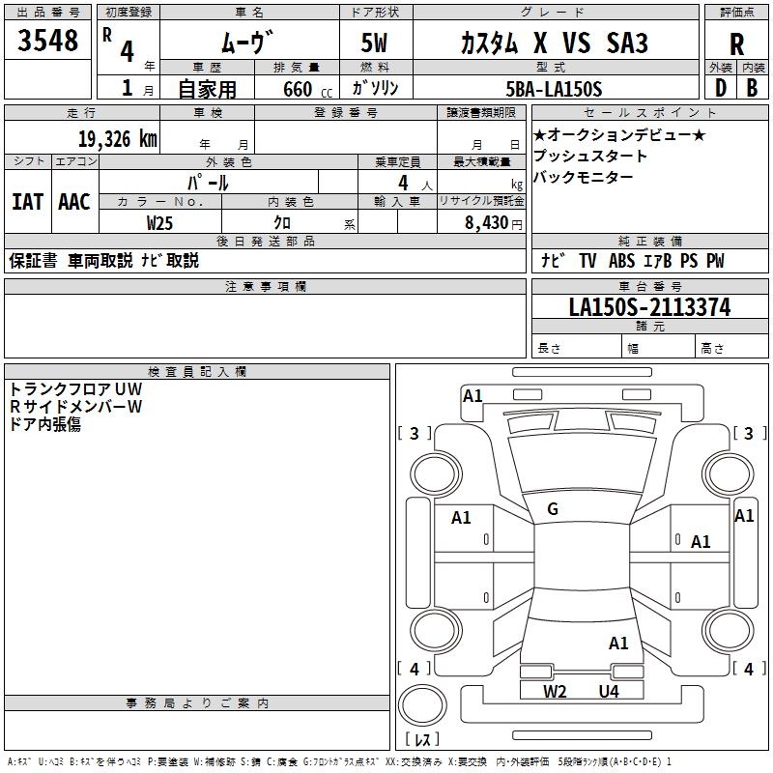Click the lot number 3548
[x=47, y=40]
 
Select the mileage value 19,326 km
[x=118, y=139]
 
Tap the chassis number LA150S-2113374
[x=649, y=307]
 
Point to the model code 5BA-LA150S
[x=554, y=89]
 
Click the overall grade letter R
[x=736, y=44]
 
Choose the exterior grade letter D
[x=721, y=88]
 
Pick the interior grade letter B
[x=752, y=88]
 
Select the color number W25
[x=159, y=223]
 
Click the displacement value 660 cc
[x=307, y=89]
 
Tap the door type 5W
[x=374, y=43]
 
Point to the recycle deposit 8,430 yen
[x=494, y=223]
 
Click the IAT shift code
[x=28, y=202]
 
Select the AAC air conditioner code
[x=74, y=202]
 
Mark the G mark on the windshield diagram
[x=553, y=509]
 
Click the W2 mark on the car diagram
[x=555, y=691]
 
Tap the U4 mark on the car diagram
[x=609, y=691]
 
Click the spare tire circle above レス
[x=422, y=705]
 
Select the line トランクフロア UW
[x=76, y=389]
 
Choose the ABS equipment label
[x=621, y=260]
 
